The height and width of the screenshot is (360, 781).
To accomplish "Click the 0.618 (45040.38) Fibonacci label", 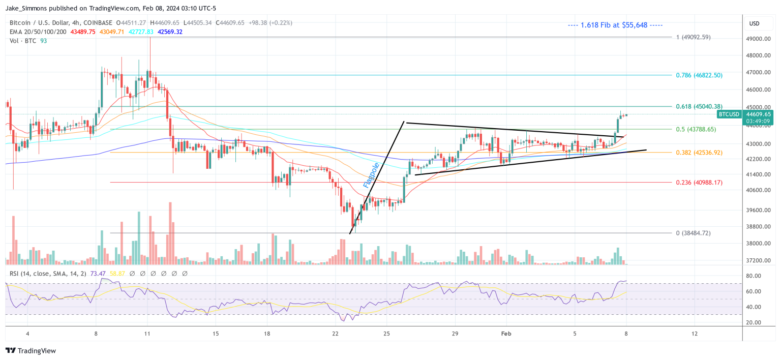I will pos(699,107).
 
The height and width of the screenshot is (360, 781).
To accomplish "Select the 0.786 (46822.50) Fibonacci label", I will pos(699,75).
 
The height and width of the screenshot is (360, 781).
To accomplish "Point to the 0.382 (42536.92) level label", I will pos(699,153).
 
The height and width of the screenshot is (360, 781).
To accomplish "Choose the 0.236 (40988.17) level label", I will pos(699,183).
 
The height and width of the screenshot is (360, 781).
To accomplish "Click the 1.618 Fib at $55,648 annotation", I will pos(615,25).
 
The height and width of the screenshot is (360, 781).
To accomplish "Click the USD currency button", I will pos(754,23).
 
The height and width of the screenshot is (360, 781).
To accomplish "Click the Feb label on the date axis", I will pos(506,334).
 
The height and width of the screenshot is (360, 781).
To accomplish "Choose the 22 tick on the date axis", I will pos(335,334).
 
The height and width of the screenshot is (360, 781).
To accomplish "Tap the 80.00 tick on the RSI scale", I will pos(753,276).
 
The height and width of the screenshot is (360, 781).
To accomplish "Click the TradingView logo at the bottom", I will pos(31,351).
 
